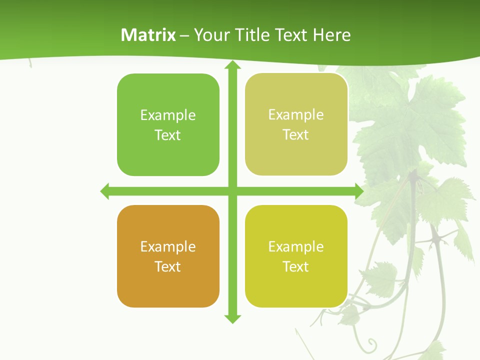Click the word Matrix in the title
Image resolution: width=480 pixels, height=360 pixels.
point(148,35)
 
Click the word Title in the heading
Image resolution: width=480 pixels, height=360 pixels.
point(253,35)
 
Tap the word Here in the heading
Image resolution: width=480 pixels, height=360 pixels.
point(331,35)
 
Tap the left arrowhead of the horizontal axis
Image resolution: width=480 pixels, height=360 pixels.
point(105,191)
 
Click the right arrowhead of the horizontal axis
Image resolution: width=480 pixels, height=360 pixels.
point(358,191)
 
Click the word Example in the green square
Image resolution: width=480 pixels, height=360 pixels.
point(168,115)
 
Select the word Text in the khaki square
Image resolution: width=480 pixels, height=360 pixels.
point(295,135)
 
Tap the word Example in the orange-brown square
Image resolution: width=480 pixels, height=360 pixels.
point(168,247)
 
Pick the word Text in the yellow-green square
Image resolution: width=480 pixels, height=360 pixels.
point(295,266)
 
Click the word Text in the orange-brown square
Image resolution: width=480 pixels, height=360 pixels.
point(167,266)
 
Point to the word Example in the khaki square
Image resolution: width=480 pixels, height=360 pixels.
point(296,115)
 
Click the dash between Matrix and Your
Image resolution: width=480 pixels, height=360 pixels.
point(184,35)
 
